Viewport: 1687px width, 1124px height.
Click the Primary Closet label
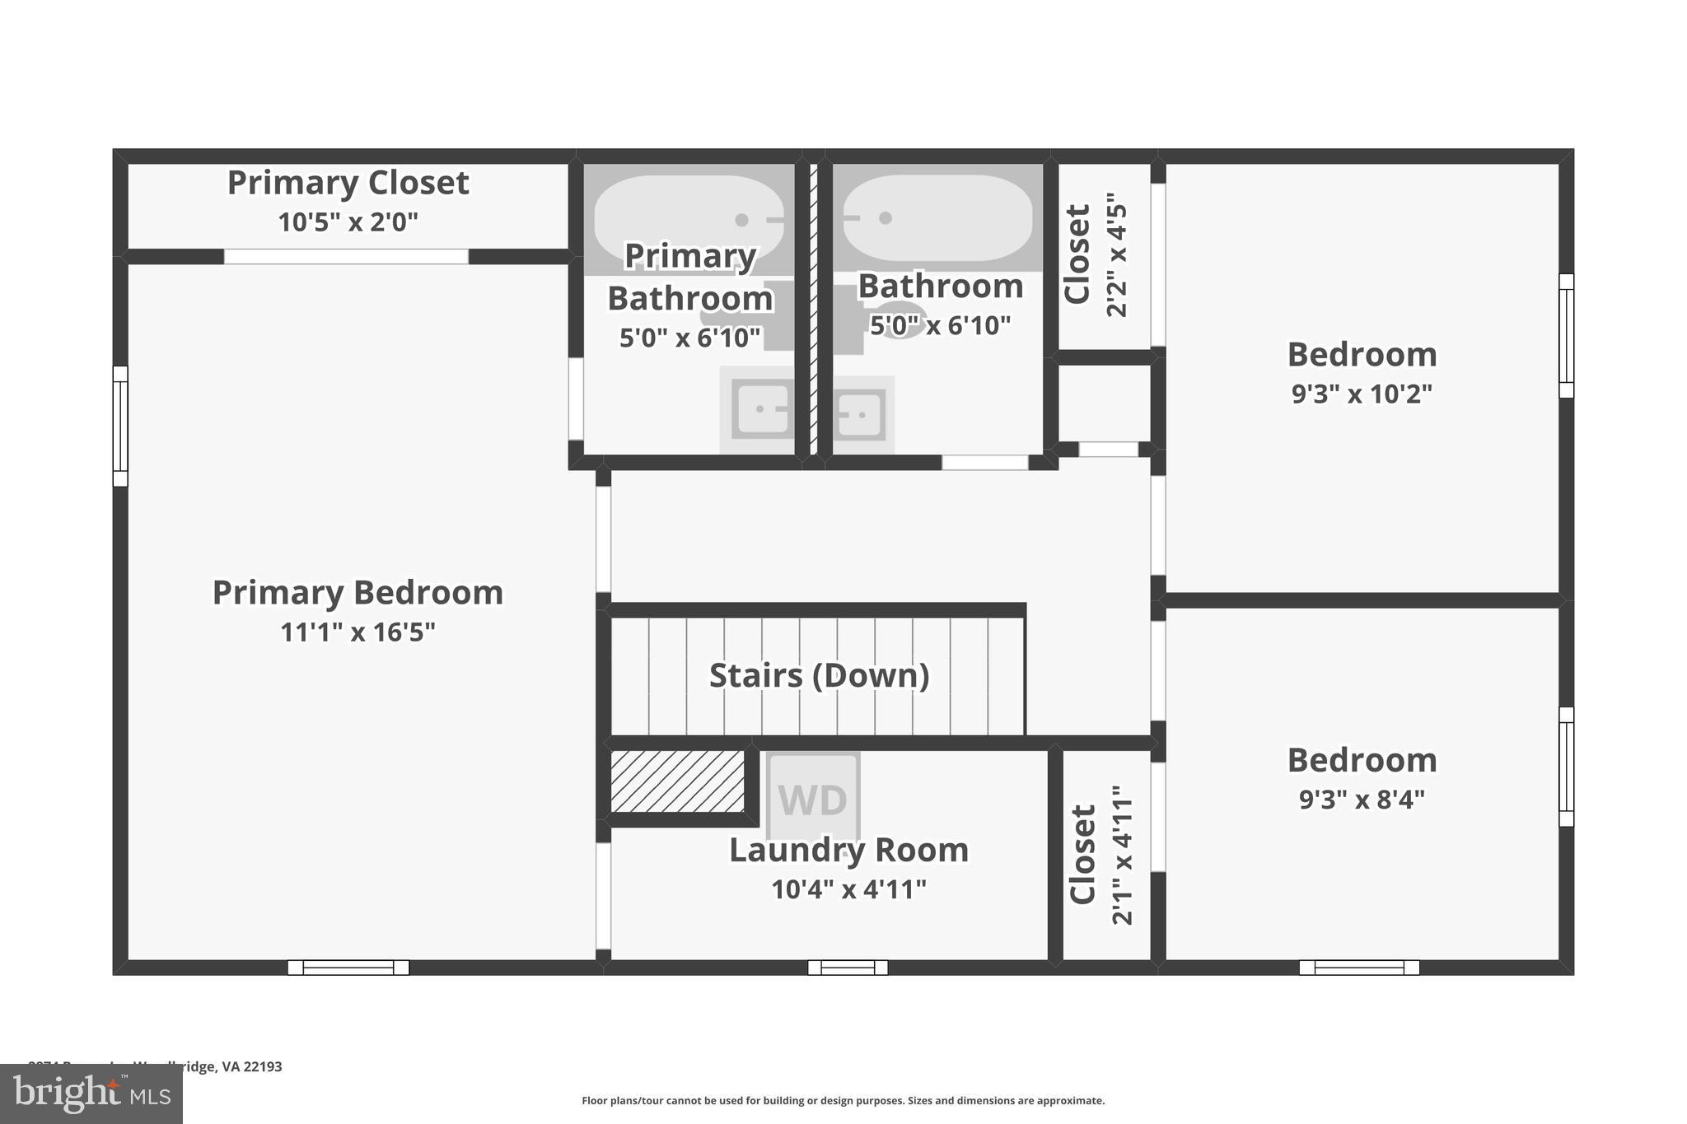[x=348, y=183]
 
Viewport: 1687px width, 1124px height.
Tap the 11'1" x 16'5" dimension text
[x=357, y=632]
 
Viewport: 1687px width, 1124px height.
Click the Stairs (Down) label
[x=819, y=675]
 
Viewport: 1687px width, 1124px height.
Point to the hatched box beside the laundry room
[x=677, y=781]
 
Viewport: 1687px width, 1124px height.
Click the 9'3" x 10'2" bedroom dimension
[x=1362, y=394]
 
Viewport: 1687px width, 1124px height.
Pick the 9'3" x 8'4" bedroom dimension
[x=1362, y=800]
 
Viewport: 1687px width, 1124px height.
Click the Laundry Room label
[x=848, y=850]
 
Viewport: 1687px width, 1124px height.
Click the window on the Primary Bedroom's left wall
[x=120, y=427]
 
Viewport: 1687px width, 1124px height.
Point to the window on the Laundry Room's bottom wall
[x=848, y=968]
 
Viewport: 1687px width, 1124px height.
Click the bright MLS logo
[x=91, y=1094]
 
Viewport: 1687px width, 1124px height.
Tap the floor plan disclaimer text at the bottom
[x=843, y=1100]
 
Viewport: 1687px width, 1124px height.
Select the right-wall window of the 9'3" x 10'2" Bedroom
[x=1566, y=336]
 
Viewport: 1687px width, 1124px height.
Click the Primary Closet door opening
[x=346, y=257]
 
